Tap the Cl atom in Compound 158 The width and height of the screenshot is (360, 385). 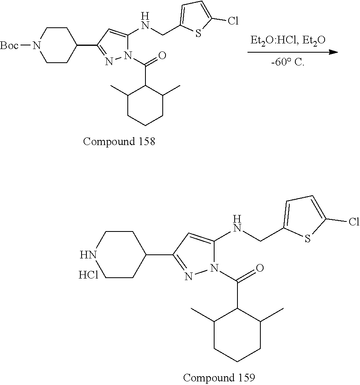click(233, 21)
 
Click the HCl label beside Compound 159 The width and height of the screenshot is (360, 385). click(88, 275)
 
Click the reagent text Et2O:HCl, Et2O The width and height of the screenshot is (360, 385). click(285, 41)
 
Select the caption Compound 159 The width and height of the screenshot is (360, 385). click(219, 377)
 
